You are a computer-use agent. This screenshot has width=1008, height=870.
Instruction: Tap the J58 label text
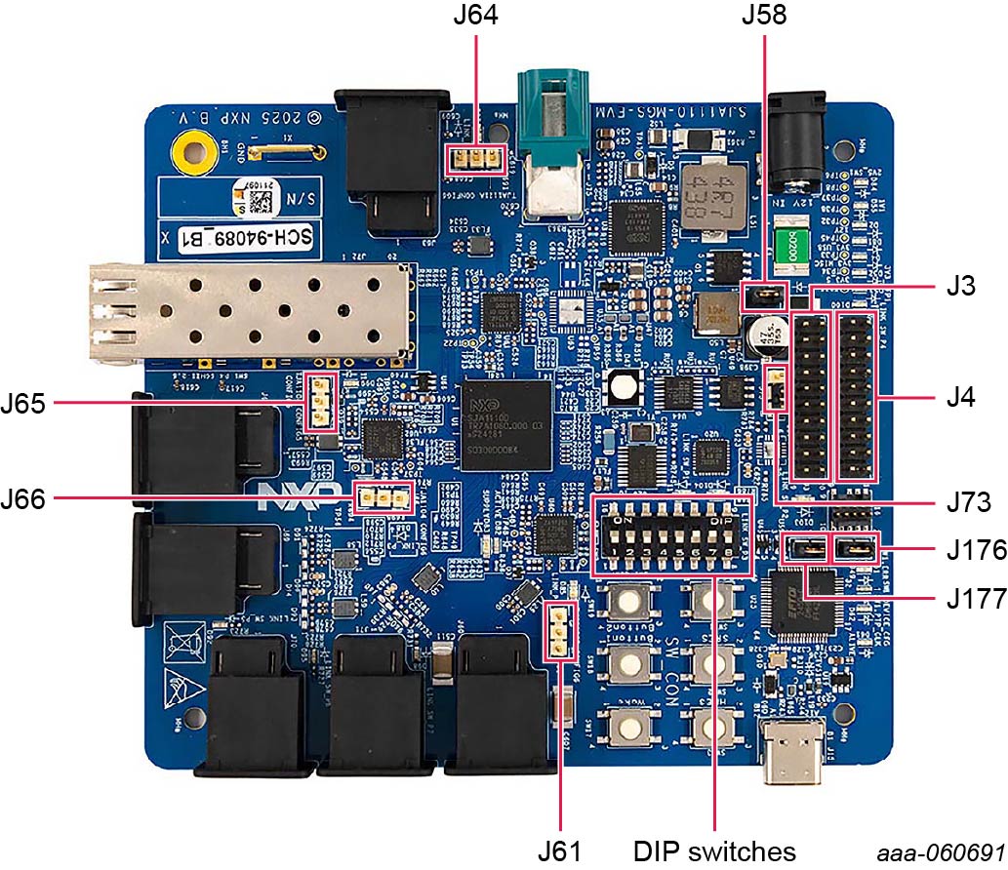[x=762, y=17]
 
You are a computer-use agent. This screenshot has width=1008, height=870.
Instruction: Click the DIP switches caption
[x=715, y=850]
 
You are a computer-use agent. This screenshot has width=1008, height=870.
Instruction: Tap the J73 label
[x=968, y=503]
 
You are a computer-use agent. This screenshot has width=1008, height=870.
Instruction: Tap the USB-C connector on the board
[x=793, y=752]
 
